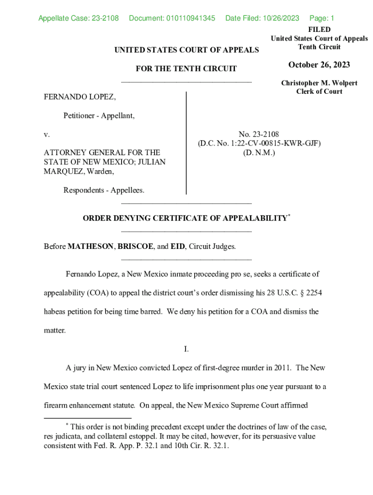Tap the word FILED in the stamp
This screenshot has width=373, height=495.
(319, 30)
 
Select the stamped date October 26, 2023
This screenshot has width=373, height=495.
(319, 65)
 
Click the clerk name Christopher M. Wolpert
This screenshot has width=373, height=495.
(319, 83)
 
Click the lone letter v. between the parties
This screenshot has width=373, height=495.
(47, 134)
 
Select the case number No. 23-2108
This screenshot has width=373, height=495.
(259, 134)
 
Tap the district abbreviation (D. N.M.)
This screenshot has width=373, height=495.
(259, 153)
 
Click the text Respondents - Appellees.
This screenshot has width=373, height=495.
(104, 190)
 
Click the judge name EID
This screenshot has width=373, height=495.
(177, 247)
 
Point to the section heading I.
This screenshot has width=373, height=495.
(186, 349)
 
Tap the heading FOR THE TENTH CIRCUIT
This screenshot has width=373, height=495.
(186, 69)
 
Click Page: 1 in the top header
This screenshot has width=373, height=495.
(322, 19)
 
